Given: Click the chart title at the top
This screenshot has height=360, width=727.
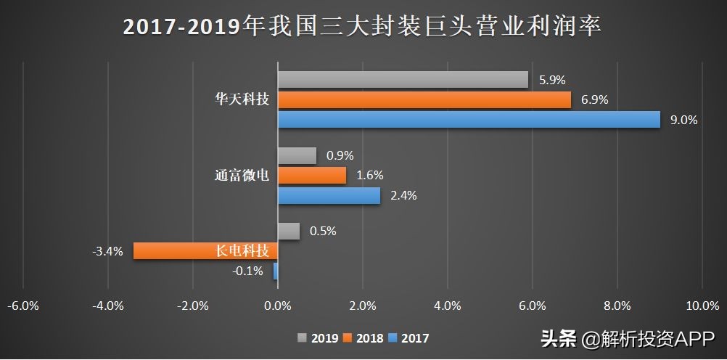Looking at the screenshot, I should tap(363, 26).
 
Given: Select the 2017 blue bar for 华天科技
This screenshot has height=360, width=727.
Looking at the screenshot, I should tap(469, 120).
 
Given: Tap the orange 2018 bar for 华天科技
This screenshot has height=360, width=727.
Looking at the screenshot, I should tap(424, 100).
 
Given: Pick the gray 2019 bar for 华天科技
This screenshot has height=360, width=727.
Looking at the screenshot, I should tap(403, 80).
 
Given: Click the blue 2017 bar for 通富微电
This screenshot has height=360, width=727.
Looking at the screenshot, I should tap(329, 196).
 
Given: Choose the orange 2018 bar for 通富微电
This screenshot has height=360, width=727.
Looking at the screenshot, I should tap(312, 176).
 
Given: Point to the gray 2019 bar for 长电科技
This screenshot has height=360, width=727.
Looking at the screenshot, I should tap(289, 232).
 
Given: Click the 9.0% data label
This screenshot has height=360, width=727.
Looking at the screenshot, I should tap(683, 120).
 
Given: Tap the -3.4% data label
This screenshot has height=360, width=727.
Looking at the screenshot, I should tap(107, 252).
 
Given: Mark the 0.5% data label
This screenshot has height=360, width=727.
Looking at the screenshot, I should tap(323, 232).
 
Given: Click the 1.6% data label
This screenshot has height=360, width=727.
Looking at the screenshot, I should tap(369, 176).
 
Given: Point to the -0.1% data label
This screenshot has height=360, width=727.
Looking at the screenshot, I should tap(247, 271).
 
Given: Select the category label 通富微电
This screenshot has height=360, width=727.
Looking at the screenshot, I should tap(242, 176).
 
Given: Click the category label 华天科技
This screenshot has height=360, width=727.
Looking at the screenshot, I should tap(242, 100).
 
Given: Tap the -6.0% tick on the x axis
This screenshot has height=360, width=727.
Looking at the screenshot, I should tap(23, 306).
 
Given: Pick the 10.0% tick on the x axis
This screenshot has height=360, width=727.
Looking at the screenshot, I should tap(702, 306).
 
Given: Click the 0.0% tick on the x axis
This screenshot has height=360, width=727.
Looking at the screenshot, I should tap(278, 306).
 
